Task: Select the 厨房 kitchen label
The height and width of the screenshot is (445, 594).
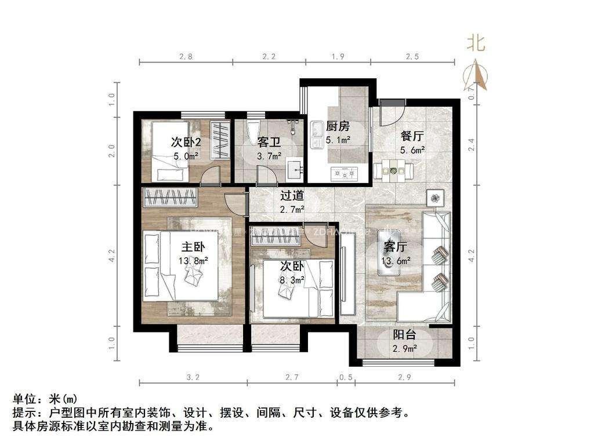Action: coord(337,127)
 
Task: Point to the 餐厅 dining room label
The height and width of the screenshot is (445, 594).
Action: coord(412,137)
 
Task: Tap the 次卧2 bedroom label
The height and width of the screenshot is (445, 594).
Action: coord(186,142)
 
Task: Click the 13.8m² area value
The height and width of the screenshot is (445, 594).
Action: coord(194,261)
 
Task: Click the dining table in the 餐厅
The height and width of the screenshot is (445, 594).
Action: coord(394,171)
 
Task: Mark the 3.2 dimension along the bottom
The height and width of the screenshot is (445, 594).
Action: coord(193,377)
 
